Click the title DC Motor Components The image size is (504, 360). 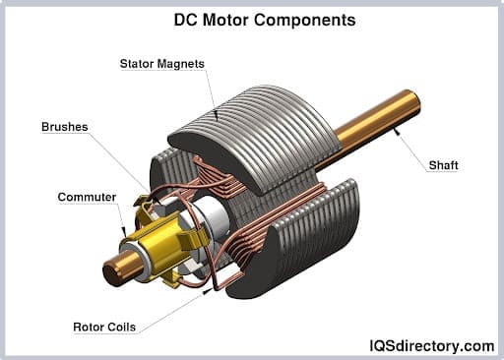[x=252, y=19]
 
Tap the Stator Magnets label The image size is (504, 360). [x=162, y=64]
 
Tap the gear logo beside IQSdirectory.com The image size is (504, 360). [x=362, y=344]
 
